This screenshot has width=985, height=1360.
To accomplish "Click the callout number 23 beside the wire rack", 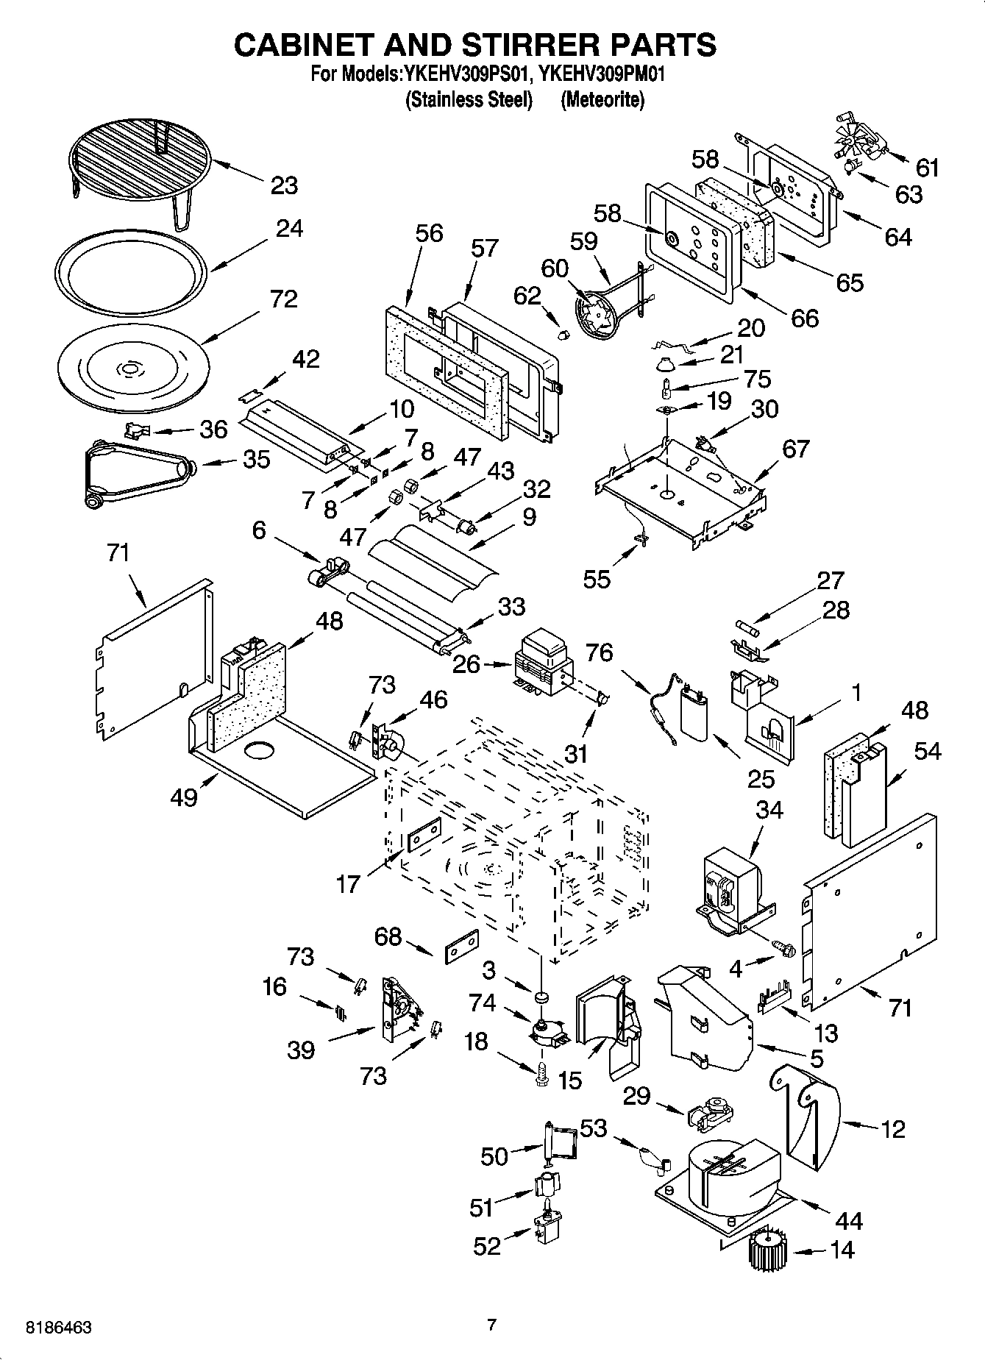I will point(284,185).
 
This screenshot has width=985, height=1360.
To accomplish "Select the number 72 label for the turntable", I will point(283,299).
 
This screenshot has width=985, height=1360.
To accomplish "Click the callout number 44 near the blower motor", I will point(850,1221).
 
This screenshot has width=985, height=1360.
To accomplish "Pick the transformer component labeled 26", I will point(544,664).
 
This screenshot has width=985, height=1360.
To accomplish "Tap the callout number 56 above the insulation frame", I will point(429,233).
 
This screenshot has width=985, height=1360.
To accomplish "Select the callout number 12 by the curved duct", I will point(892,1129).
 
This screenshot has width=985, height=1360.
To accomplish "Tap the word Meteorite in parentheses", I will point(602,100).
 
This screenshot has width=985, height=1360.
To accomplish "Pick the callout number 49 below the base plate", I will point(184,796).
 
